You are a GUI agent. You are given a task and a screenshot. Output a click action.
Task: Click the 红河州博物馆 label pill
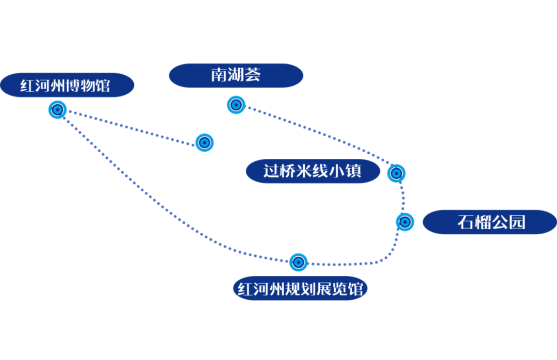(66, 85)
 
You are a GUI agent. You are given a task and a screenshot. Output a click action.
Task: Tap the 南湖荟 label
(236, 75)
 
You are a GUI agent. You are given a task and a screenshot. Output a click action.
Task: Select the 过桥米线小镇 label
(313, 171)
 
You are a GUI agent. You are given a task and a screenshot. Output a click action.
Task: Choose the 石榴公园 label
(490, 222)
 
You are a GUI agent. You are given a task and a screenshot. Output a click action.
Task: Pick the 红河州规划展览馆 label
(300, 289)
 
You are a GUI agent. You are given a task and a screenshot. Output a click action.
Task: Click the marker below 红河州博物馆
(58, 109)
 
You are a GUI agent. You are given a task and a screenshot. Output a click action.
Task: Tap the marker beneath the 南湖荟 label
(236, 105)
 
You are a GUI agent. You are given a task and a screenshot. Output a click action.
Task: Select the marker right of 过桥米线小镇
(396, 173)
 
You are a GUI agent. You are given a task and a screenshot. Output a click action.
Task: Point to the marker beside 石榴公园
(405, 222)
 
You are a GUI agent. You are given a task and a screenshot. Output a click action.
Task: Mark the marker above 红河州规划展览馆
(298, 262)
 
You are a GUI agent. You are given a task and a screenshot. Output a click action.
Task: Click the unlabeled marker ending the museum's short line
(204, 143)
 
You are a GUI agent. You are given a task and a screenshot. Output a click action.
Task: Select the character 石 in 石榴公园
(466, 222)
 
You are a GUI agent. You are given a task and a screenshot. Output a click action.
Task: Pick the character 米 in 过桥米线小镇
(304, 171)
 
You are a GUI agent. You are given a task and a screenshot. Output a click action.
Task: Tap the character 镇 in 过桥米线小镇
(354, 171)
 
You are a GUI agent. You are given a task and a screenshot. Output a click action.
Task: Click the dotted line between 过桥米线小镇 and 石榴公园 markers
(402, 198)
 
